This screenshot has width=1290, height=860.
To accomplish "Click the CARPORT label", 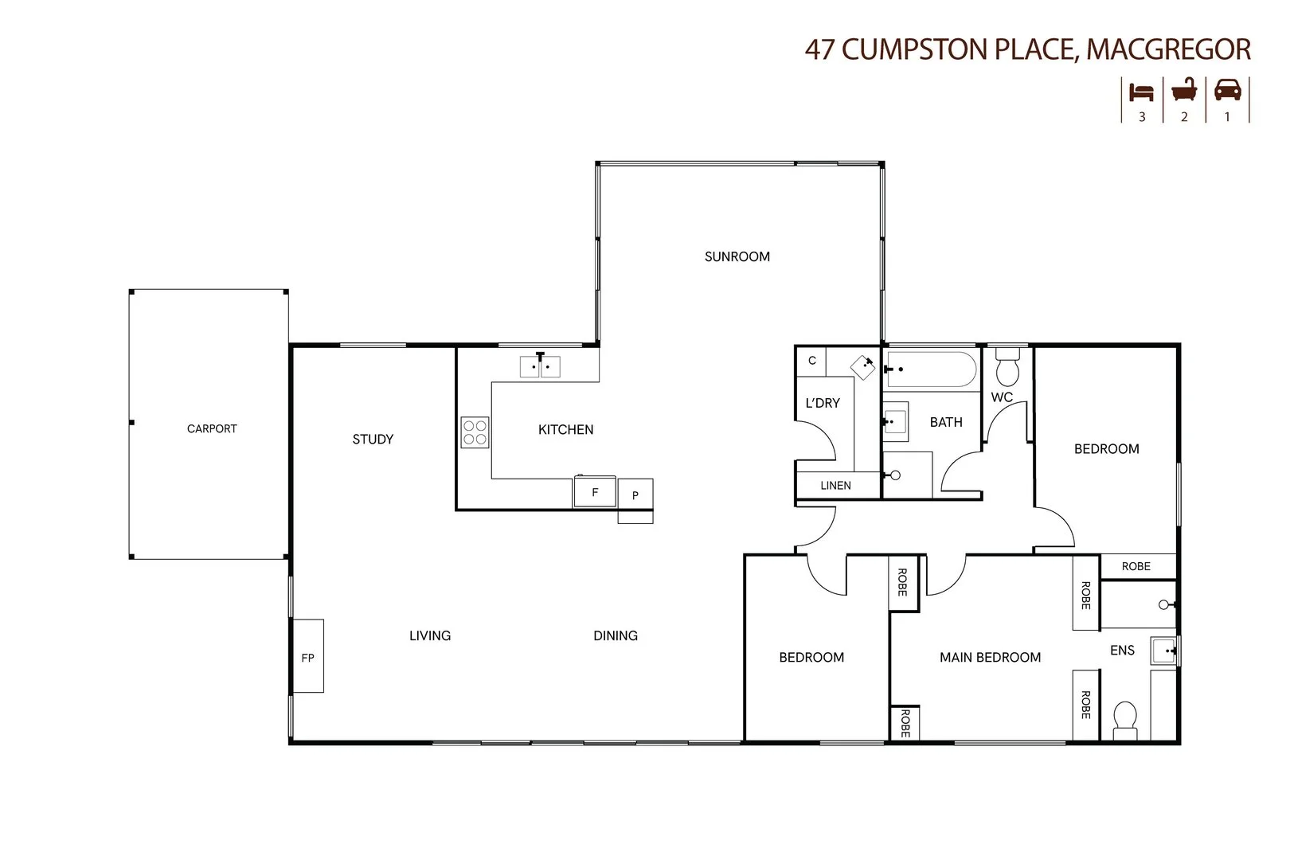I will click(x=212, y=428).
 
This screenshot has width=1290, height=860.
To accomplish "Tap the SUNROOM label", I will click(x=737, y=256).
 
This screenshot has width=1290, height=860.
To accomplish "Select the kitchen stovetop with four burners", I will click(x=475, y=433).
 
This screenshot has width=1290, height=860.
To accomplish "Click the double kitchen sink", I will click(x=540, y=367).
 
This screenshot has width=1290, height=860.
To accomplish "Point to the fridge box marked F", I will click(x=595, y=492).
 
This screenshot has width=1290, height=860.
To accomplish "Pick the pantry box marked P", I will click(x=635, y=494).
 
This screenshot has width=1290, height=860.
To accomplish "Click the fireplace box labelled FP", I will click(x=308, y=656).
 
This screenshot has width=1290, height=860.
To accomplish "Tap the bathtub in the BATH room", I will click(x=930, y=369).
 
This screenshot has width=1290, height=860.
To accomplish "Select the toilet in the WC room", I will click(x=1008, y=367).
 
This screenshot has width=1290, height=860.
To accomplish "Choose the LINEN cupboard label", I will click(x=835, y=485).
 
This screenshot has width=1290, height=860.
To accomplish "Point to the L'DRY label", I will click(x=823, y=403).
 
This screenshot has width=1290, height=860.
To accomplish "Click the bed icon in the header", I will click(x=1142, y=92).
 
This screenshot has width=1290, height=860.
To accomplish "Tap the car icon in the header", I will click(x=1227, y=91).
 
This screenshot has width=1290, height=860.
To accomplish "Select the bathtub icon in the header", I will click(x=1184, y=91).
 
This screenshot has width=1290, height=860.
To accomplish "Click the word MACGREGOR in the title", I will click(x=1168, y=49).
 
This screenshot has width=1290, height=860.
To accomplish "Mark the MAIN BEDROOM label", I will click(x=990, y=657).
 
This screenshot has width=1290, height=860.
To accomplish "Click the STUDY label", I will click(x=373, y=439).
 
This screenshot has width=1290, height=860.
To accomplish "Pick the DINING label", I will click(x=616, y=635).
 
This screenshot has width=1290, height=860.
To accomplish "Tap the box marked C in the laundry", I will click(x=812, y=361).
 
